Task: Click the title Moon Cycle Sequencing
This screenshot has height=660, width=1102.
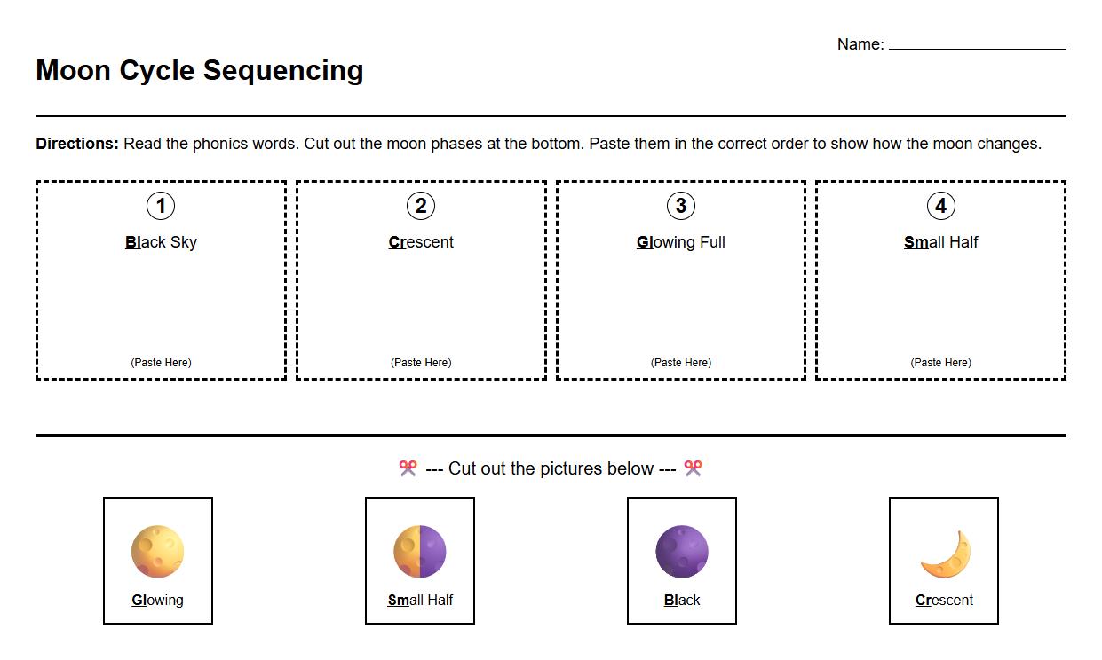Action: (x=200, y=70)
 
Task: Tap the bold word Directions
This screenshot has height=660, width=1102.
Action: (x=77, y=144)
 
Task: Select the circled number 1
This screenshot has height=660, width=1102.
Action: (x=161, y=207)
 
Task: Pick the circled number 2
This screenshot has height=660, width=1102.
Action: (x=421, y=207)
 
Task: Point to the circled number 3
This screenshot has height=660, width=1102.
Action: (x=681, y=207)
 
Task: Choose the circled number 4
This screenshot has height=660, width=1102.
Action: (x=940, y=207)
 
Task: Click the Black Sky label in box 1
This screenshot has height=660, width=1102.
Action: (x=161, y=242)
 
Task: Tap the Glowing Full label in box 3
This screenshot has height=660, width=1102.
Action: (x=681, y=242)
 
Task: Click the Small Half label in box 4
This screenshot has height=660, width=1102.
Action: (x=940, y=242)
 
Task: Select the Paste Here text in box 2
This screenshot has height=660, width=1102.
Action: (x=421, y=363)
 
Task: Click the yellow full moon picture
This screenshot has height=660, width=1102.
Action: (x=158, y=551)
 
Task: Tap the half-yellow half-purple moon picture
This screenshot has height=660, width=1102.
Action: (x=420, y=551)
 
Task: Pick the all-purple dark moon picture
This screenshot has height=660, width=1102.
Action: (x=682, y=551)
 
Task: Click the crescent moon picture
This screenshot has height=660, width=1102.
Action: (x=946, y=554)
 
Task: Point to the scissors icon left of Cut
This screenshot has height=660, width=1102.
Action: (x=408, y=468)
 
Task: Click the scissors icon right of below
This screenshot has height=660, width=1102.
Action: (x=693, y=468)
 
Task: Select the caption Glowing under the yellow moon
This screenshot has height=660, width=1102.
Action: (x=158, y=601)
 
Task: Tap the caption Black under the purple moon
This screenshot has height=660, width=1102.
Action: (x=682, y=601)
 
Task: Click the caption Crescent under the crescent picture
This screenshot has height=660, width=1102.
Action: (x=944, y=601)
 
